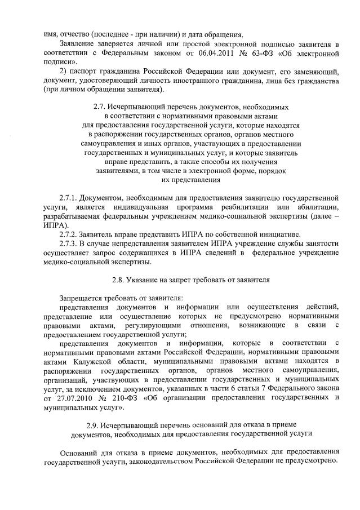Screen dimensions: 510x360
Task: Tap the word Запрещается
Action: click(x=82, y=298)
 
